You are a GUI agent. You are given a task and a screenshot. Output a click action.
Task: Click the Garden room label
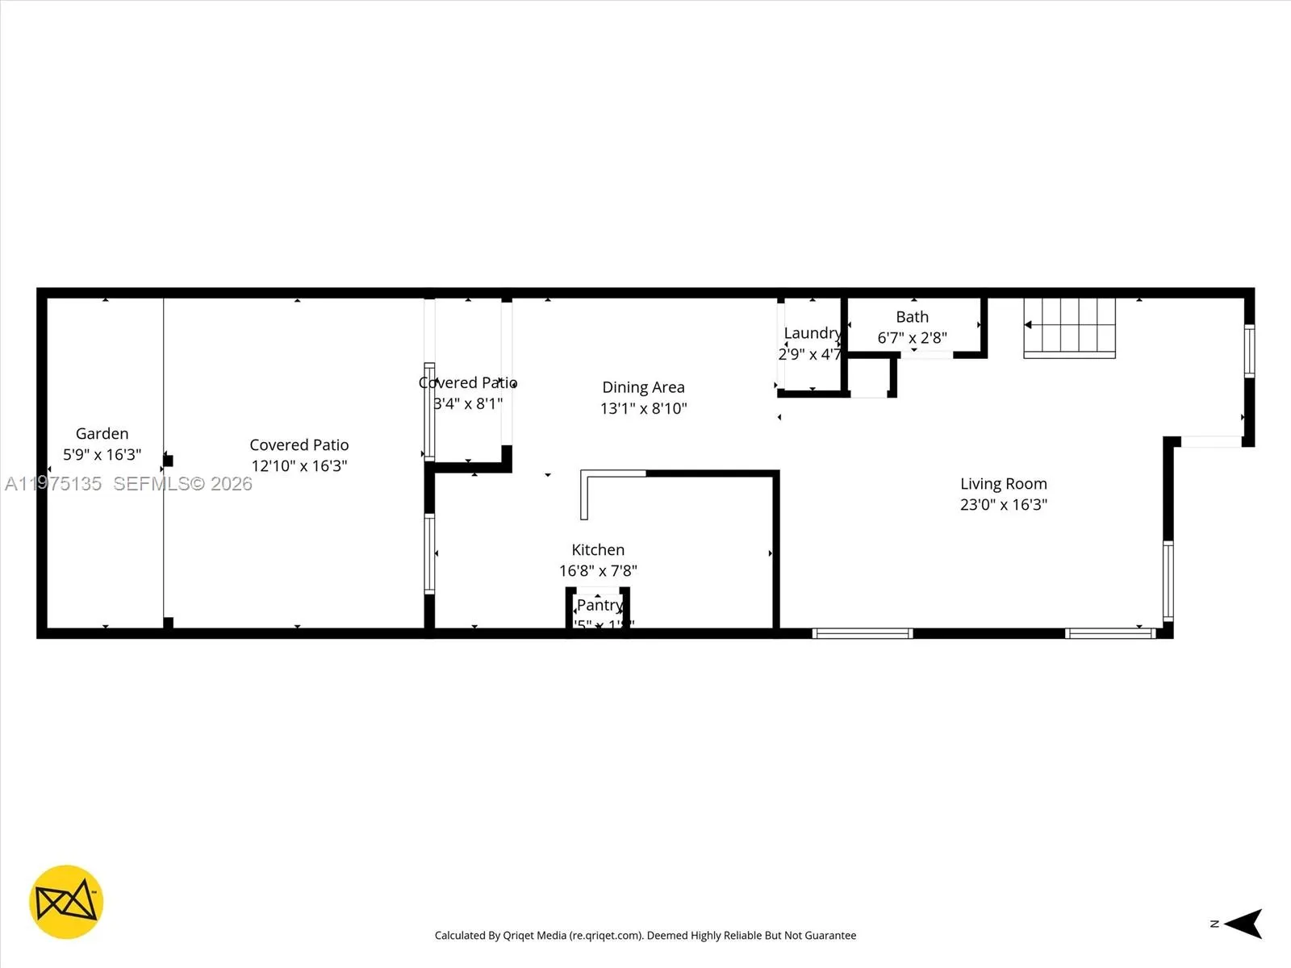(x=102, y=434)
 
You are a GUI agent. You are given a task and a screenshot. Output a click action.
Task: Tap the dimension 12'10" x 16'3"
(x=299, y=465)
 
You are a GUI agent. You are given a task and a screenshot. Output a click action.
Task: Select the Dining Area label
(x=643, y=387)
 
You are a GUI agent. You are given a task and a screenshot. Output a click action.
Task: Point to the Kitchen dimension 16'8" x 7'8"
(x=598, y=570)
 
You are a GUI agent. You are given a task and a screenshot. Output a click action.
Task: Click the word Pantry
(x=600, y=605)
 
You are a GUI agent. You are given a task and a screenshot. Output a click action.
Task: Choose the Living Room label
(x=1003, y=483)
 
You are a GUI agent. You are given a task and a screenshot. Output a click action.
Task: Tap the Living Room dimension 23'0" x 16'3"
(x=1003, y=504)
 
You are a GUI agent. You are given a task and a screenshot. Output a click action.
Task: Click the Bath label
(x=912, y=317)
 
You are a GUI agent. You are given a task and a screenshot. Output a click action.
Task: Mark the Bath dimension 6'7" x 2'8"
(x=912, y=338)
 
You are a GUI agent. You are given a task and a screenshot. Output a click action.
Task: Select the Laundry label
(x=812, y=333)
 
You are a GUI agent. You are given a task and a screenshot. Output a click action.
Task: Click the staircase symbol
(x=1069, y=327)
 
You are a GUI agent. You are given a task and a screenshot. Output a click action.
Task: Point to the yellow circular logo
(x=66, y=902)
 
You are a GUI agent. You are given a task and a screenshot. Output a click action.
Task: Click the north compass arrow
(x=1244, y=924)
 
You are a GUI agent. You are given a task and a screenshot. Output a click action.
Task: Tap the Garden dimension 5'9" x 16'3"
(x=102, y=455)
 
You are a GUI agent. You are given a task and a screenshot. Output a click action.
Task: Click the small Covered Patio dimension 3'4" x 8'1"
(x=468, y=403)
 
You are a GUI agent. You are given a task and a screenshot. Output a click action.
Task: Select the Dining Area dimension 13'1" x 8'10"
(x=643, y=408)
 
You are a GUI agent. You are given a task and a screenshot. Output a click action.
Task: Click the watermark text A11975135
(x=53, y=484)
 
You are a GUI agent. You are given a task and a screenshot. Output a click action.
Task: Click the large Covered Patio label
(x=299, y=444)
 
